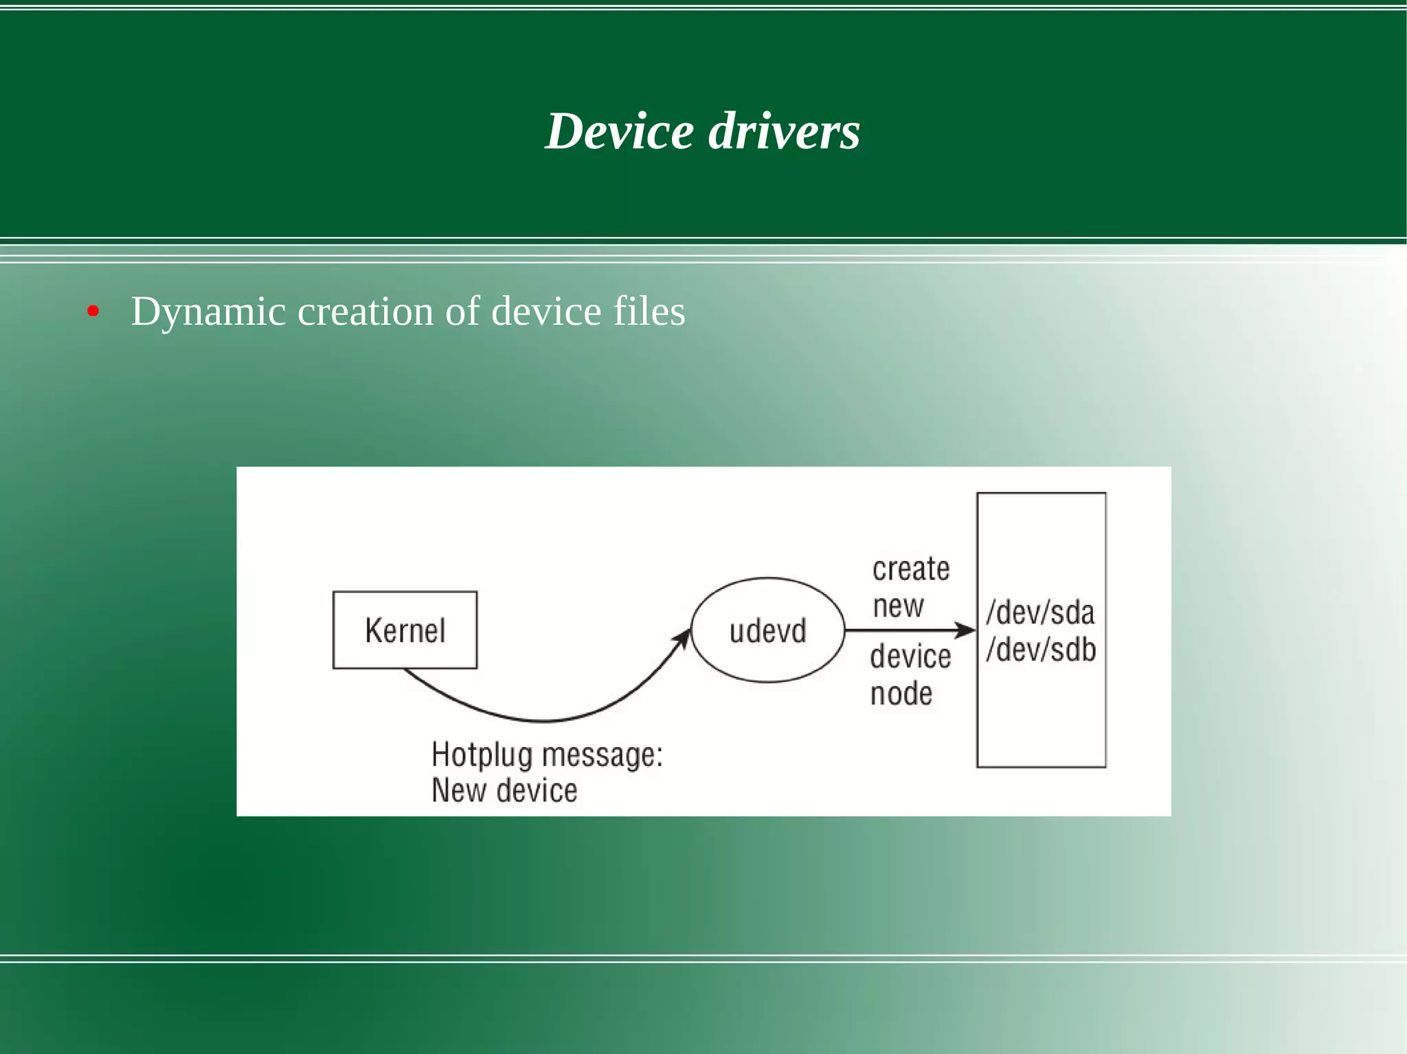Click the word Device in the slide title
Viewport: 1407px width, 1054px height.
(620, 131)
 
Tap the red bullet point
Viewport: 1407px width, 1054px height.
(93, 312)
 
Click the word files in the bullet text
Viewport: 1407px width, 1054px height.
(649, 311)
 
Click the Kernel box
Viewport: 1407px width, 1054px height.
(405, 630)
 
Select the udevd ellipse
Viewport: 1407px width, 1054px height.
(767, 630)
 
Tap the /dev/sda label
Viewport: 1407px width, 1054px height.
(1040, 612)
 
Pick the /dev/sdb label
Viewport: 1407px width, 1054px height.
(1041, 650)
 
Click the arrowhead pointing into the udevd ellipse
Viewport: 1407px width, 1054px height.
(684, 637)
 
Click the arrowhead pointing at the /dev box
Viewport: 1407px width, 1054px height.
(967, 630)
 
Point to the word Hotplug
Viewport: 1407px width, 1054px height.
(482, 755)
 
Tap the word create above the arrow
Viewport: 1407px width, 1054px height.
(911, 569)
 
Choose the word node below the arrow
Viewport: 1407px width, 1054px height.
(901, 694)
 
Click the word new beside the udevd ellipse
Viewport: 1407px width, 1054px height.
(898, 606)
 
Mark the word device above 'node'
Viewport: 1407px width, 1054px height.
(910, 656)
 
